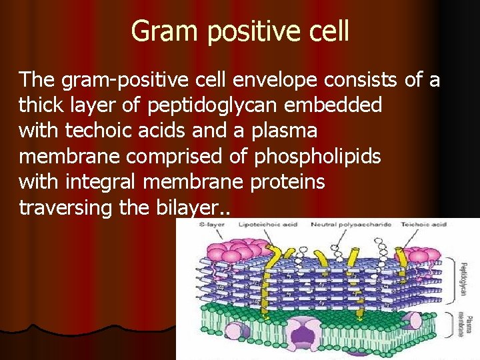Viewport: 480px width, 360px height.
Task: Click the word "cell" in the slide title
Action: (325, 31)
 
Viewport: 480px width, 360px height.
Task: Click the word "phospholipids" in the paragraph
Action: (317, 157)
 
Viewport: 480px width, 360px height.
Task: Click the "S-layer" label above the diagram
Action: (211, 225)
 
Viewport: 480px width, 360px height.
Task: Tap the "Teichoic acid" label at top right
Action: (429, 225)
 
